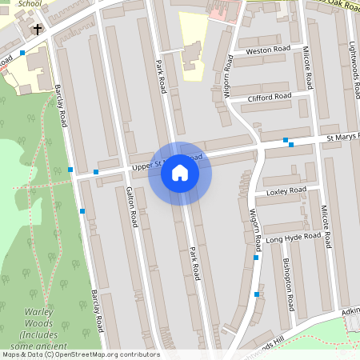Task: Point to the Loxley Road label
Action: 286,191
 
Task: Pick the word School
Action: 29,3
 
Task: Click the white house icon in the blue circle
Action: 180,173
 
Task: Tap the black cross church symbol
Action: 37,30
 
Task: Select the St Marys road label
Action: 342,138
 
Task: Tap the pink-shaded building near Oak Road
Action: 224,10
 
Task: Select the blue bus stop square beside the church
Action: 22,52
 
